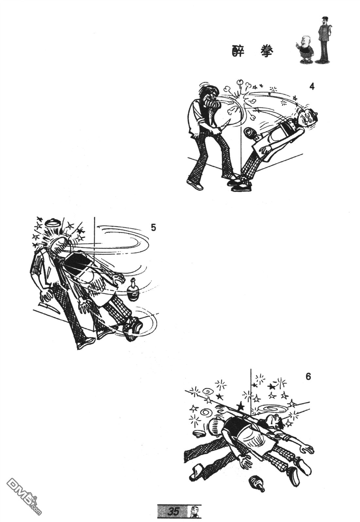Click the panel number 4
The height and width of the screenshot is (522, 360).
pyautogui.click(x=312, y=87)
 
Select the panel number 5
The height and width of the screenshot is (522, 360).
pyautogui.click(x=153, y=228)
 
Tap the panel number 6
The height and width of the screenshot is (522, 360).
pyautogui.click(x=308, y=377)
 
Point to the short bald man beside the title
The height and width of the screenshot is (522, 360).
pyautogui.click(x=305, y=49)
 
